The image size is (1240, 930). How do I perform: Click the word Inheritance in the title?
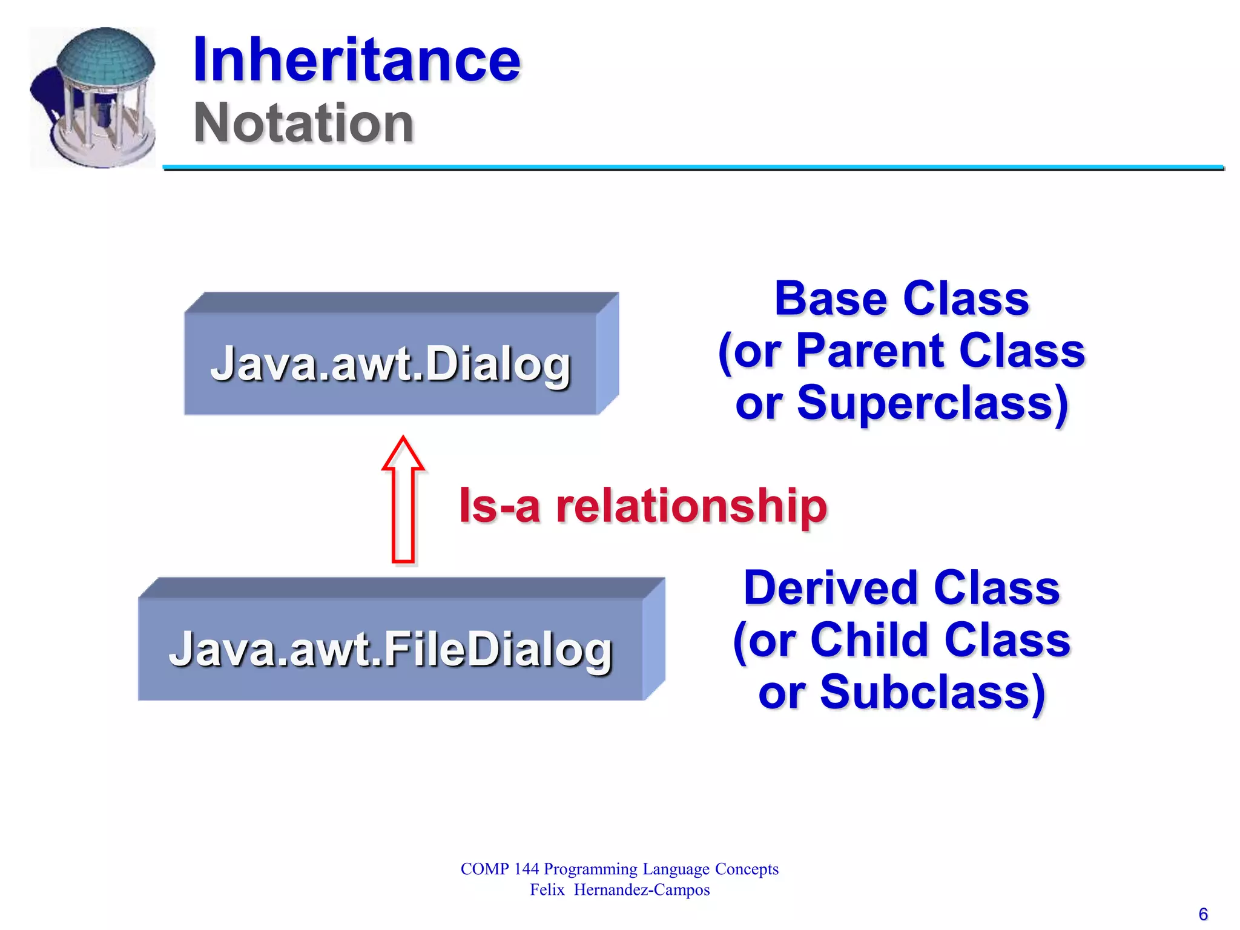pos(356,60)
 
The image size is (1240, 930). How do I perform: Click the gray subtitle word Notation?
pos(303,124)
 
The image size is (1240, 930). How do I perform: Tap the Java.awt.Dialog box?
pos(391,364)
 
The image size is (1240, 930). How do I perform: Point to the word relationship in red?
pos(691,506)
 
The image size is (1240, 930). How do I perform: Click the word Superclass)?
pos(933,404)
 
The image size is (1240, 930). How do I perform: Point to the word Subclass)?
pos(932,693)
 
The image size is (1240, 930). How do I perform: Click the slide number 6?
pos(1203,914)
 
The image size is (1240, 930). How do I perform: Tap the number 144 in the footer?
pos(526,869)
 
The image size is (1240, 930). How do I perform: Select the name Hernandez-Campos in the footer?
pos(642,890)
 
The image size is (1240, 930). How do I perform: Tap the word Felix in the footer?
pos(547,890)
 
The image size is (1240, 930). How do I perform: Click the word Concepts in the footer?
pos(747,869)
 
